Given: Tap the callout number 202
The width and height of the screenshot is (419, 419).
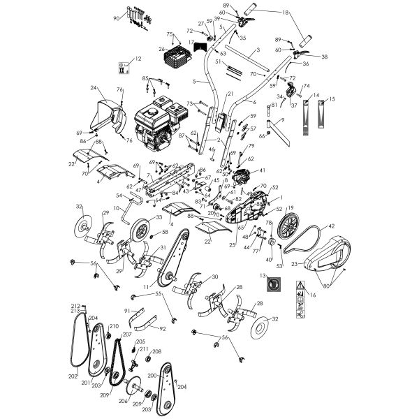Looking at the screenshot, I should click(x=73, y=375).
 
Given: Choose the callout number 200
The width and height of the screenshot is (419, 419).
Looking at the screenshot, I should click(x=152, y=375).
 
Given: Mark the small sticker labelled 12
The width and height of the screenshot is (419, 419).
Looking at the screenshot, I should click(x=124, y=68).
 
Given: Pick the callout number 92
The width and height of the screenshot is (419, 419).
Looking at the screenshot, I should click(x=163, y=328).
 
